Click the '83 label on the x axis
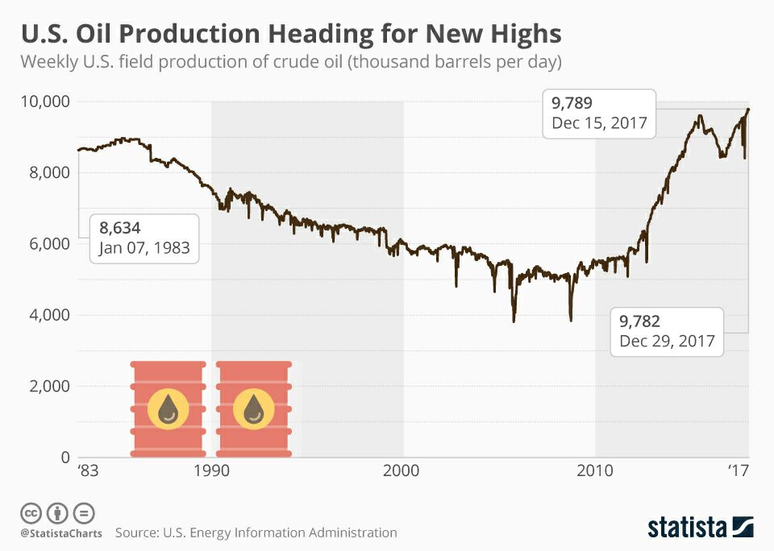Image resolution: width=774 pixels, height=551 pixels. click(x=86, y=470)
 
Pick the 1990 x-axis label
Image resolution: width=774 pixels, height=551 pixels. click(x=211, y=470)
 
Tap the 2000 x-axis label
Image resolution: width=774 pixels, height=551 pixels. click(x=403, y=470)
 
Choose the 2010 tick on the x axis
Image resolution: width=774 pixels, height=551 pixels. click(x=595, y=470)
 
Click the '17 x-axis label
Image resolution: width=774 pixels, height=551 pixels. click(x=739, y=470)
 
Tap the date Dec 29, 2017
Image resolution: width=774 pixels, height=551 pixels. click(x=668, y=341)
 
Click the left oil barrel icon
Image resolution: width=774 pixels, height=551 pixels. click(x=169, y=408)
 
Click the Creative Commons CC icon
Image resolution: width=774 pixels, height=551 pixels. click(x=30, y=513)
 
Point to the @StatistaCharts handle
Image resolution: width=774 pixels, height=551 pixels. click(x=61, y=533)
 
